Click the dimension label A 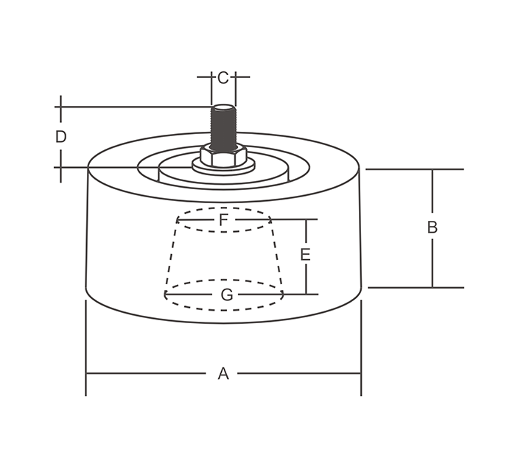[223, 374]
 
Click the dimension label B [433, 227]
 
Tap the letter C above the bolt [223, 77]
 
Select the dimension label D [61, 136]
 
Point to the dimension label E [305, 255]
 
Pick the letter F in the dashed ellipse [223, 219]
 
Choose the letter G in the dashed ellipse [227, 294]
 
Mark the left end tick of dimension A [86, 373]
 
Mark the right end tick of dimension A [361, 373]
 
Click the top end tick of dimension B [433, 169]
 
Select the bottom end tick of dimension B [433, 287]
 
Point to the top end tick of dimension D [61, 107]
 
